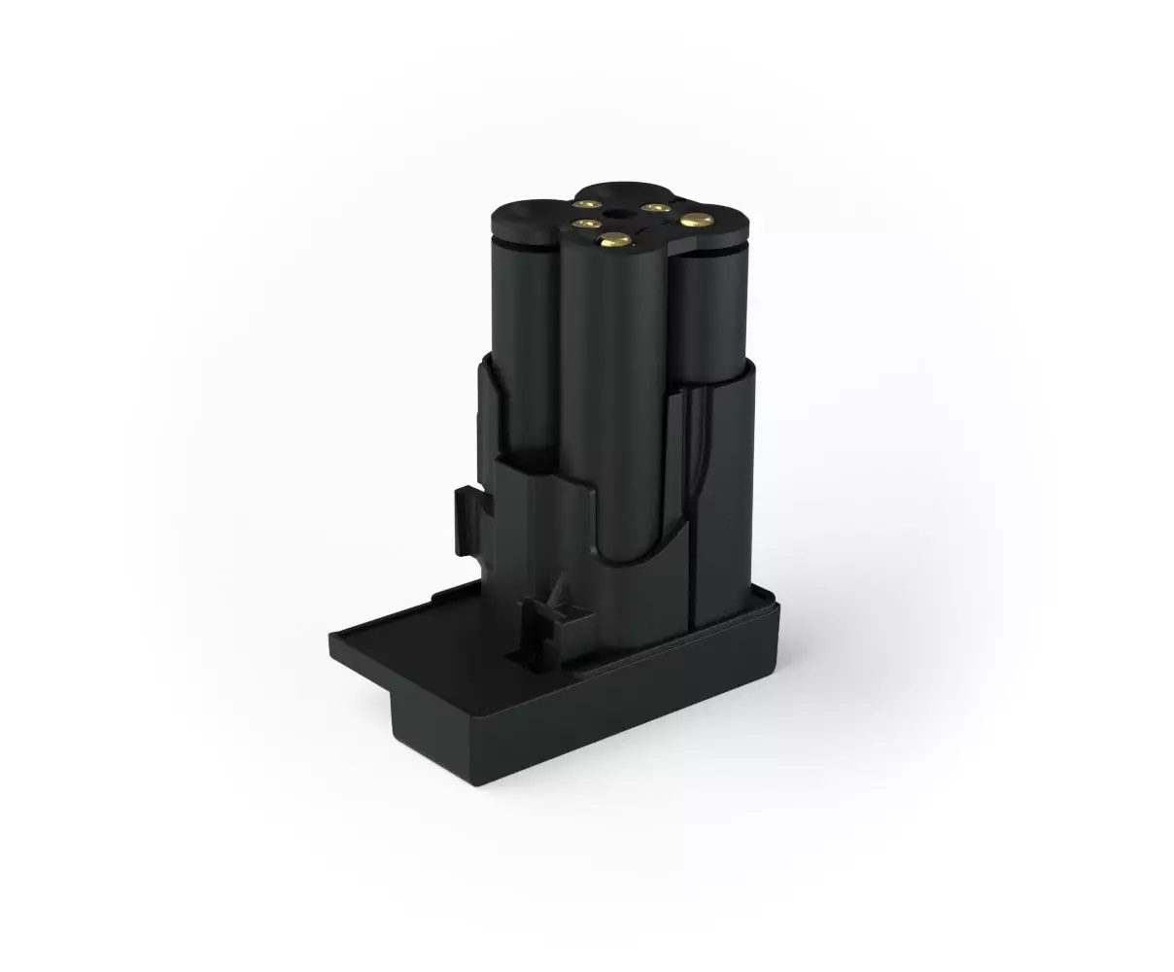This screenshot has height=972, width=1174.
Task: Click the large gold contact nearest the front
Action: tap(614, 239)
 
